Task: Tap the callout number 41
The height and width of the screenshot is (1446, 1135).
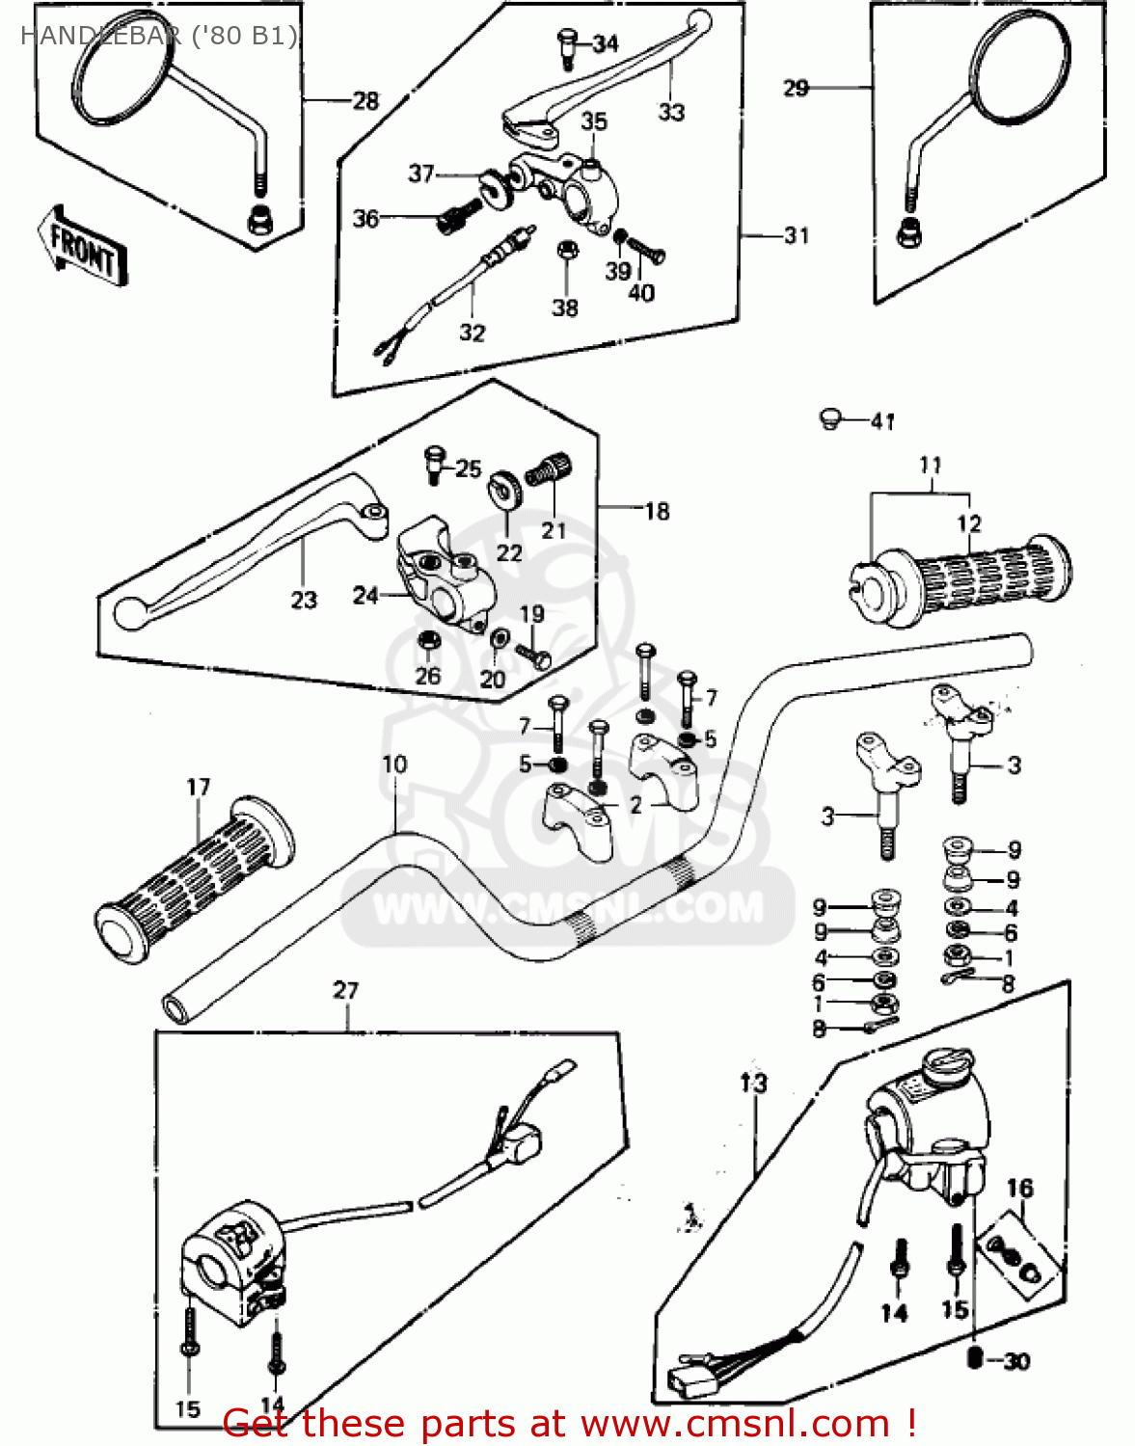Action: pos(882,421)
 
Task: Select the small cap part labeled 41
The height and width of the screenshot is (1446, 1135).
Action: pos(830,418)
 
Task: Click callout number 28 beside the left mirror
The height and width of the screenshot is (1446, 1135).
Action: pos(365,100)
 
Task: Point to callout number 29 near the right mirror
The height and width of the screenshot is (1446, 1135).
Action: pos(796,89)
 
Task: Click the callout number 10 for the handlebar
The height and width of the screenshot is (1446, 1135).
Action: pos(394,764)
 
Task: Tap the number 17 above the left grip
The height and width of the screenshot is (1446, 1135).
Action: pos(198,788)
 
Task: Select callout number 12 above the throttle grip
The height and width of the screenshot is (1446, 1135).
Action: pos(968,523)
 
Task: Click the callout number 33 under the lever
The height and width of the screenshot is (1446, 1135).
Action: pos(671,112)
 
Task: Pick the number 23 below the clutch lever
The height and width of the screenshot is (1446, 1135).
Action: pos(304,601)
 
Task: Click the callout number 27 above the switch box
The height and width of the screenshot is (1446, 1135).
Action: pos(345,990)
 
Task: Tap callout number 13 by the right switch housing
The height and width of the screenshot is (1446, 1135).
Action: pos(753,1083)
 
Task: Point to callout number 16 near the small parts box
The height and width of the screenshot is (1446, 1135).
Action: pos(1020,1189)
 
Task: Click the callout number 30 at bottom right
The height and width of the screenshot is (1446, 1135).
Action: pos(1016,1361)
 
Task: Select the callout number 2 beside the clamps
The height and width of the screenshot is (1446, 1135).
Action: pos(635,805)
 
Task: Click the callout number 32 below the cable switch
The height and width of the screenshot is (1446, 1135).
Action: pos(472,333)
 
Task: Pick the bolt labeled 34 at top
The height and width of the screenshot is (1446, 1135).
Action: pos(566,45)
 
